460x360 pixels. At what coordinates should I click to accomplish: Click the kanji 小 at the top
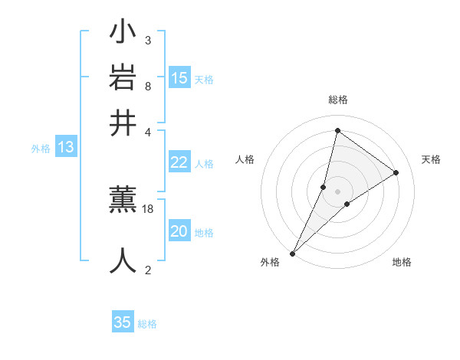(x=123, y=34)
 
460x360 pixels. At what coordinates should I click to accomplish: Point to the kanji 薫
(x=123, y=201)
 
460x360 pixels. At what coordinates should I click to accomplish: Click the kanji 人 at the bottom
(x=123, y=260)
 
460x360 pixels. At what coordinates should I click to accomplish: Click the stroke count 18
(x=149, y=208)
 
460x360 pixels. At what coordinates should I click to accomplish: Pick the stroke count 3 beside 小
(x=147, y=40)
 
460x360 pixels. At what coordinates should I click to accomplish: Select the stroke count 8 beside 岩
(x=147, y=85)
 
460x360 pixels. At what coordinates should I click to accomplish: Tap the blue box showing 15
(x=179, y=78)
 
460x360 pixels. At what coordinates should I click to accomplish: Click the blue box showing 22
(x=179, y=162)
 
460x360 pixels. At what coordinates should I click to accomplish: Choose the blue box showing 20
(x=179, y=231)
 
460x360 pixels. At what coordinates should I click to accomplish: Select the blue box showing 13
(x=65, y=148)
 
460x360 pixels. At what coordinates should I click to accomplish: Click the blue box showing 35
(x=123, y=322)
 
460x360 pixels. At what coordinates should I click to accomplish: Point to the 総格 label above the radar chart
(x=337, y=100)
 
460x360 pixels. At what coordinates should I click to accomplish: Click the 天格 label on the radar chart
(x=431, y=159)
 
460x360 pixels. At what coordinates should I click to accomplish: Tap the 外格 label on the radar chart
(x=269, y=262)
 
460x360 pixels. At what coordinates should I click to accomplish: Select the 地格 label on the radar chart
(x=402, y=262)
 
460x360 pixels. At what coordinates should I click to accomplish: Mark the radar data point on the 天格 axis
(x=396, y=172)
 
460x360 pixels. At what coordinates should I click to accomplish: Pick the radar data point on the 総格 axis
(x=337, y=130)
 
